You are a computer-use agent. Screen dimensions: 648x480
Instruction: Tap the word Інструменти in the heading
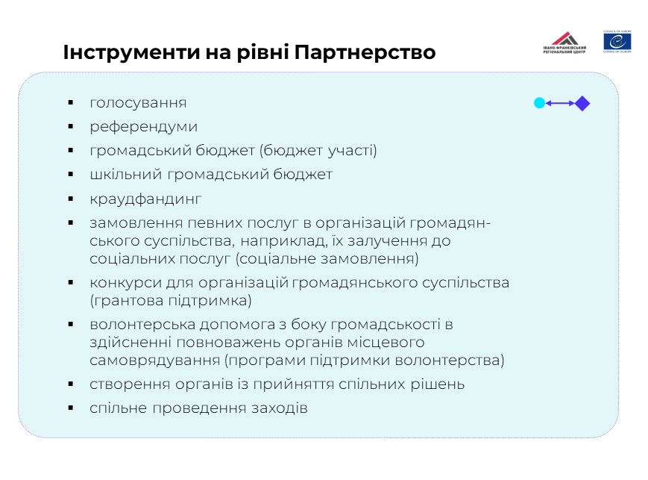131,53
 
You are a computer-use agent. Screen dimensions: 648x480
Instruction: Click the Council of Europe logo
617,42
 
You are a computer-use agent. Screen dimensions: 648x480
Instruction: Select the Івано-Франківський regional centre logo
564,43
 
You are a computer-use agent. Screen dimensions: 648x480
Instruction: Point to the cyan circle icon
539,103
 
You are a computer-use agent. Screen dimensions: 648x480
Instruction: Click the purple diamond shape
582,104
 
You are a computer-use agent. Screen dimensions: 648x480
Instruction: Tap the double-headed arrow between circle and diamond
560,103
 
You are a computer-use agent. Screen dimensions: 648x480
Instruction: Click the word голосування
138,103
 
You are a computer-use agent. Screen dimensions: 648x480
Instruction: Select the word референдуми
143,127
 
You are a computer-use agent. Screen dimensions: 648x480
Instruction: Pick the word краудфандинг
145,199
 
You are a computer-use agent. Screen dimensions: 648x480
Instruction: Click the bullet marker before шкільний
71,175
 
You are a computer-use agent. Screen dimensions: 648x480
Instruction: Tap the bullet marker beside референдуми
71,127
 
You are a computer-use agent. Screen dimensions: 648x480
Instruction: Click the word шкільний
125,175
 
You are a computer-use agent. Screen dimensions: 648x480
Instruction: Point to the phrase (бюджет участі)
318,151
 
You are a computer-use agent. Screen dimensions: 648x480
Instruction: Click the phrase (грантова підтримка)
171,301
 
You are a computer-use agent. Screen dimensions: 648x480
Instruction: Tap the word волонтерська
142,325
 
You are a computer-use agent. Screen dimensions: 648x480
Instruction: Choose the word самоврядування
154,361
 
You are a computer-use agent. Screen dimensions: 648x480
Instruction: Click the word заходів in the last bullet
280,408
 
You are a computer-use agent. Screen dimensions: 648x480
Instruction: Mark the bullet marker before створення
71,384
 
